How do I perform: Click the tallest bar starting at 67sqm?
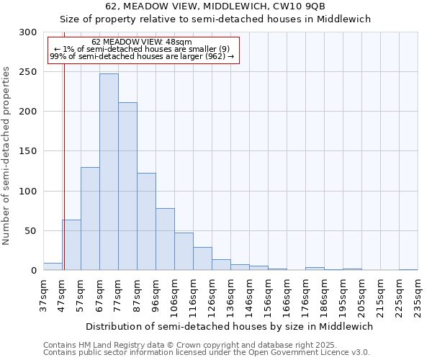tap(109, 172)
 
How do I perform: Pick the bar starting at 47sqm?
tap(71, 245)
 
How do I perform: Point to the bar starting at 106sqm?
tap(184, 251)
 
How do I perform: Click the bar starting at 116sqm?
tap(202, 258)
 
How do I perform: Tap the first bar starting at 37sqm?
tap(53, 266)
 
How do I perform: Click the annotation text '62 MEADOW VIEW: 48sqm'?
tap(142, 42)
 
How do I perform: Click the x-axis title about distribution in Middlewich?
tap(229, 326)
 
